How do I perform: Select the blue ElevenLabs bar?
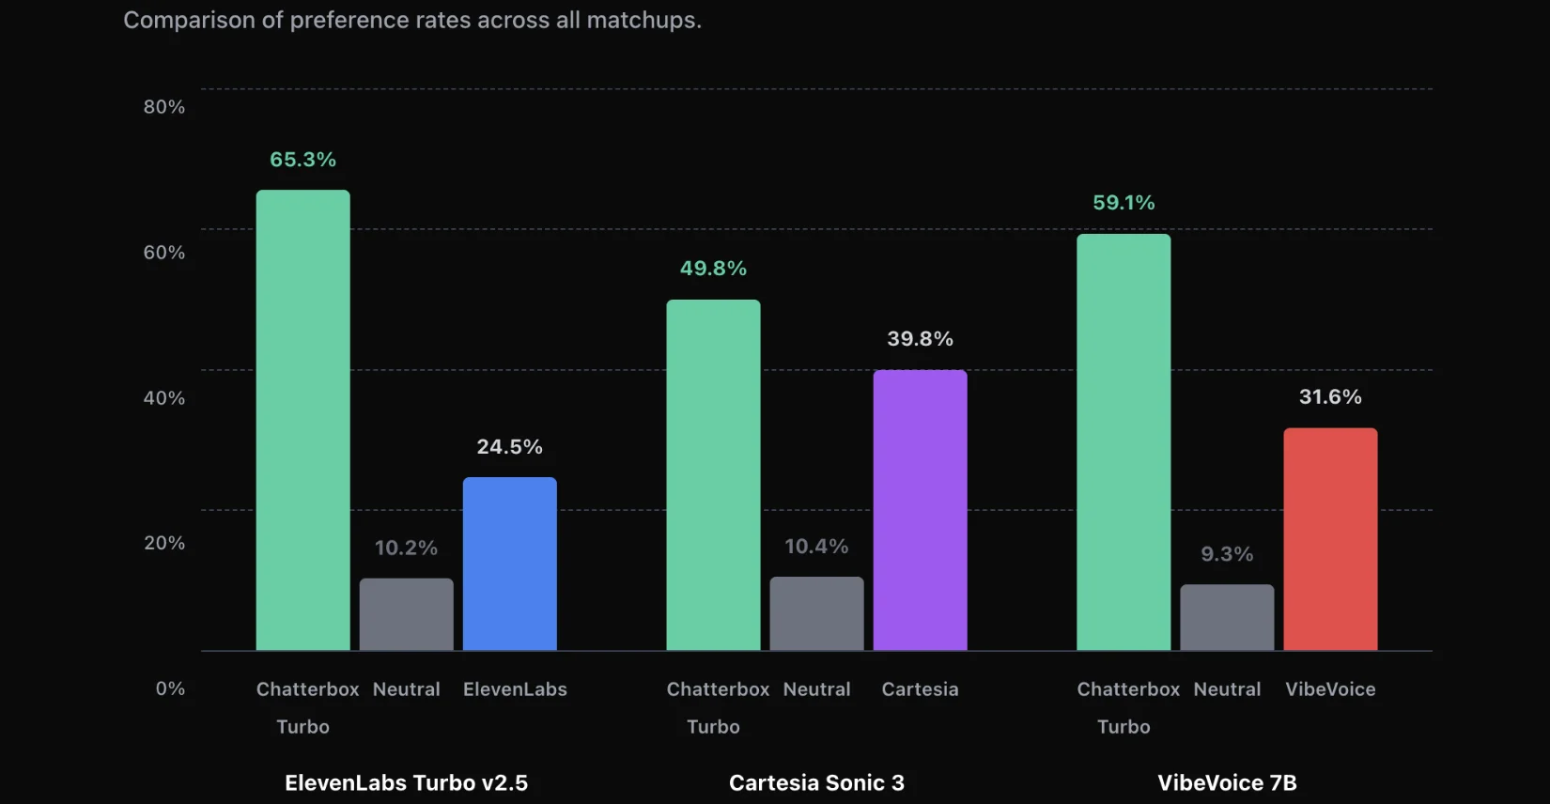(509, 564)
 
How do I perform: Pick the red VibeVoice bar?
(1330, 539)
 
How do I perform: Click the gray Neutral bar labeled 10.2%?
(406, 614)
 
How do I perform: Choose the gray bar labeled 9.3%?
(1227, 617)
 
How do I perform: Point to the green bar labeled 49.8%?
(713, 474)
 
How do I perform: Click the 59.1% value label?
(1124, 203)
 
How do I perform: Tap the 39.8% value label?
(920, 339)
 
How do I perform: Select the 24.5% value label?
(509, 447)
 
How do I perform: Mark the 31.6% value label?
(1330, 397)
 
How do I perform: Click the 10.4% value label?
(816, 547)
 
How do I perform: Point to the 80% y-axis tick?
(164, 107)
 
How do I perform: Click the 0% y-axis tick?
(170, 688)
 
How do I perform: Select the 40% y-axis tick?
(164, 398)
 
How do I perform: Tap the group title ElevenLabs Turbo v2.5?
(406, 782)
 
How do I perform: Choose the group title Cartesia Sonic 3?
(816, 782)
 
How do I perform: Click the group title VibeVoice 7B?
(1227, 782)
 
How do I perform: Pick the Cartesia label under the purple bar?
(920, 689)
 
